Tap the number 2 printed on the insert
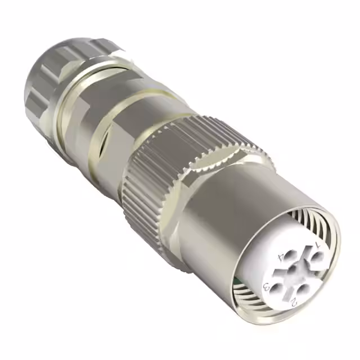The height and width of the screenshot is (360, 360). [294, 302]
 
